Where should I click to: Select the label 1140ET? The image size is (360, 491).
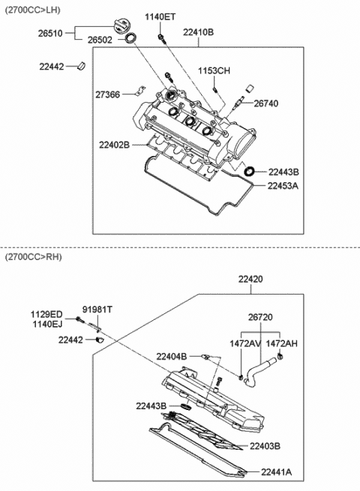[x=160, y=16]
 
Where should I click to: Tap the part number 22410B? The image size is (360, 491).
[x=198, y=33]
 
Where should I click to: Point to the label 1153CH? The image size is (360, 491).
[x=214, y=70]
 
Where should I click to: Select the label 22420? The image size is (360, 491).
[x=251, y=279]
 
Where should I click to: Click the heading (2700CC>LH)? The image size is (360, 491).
[x=31, y=7]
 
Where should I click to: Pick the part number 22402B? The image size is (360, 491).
[x=115, y=144]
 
